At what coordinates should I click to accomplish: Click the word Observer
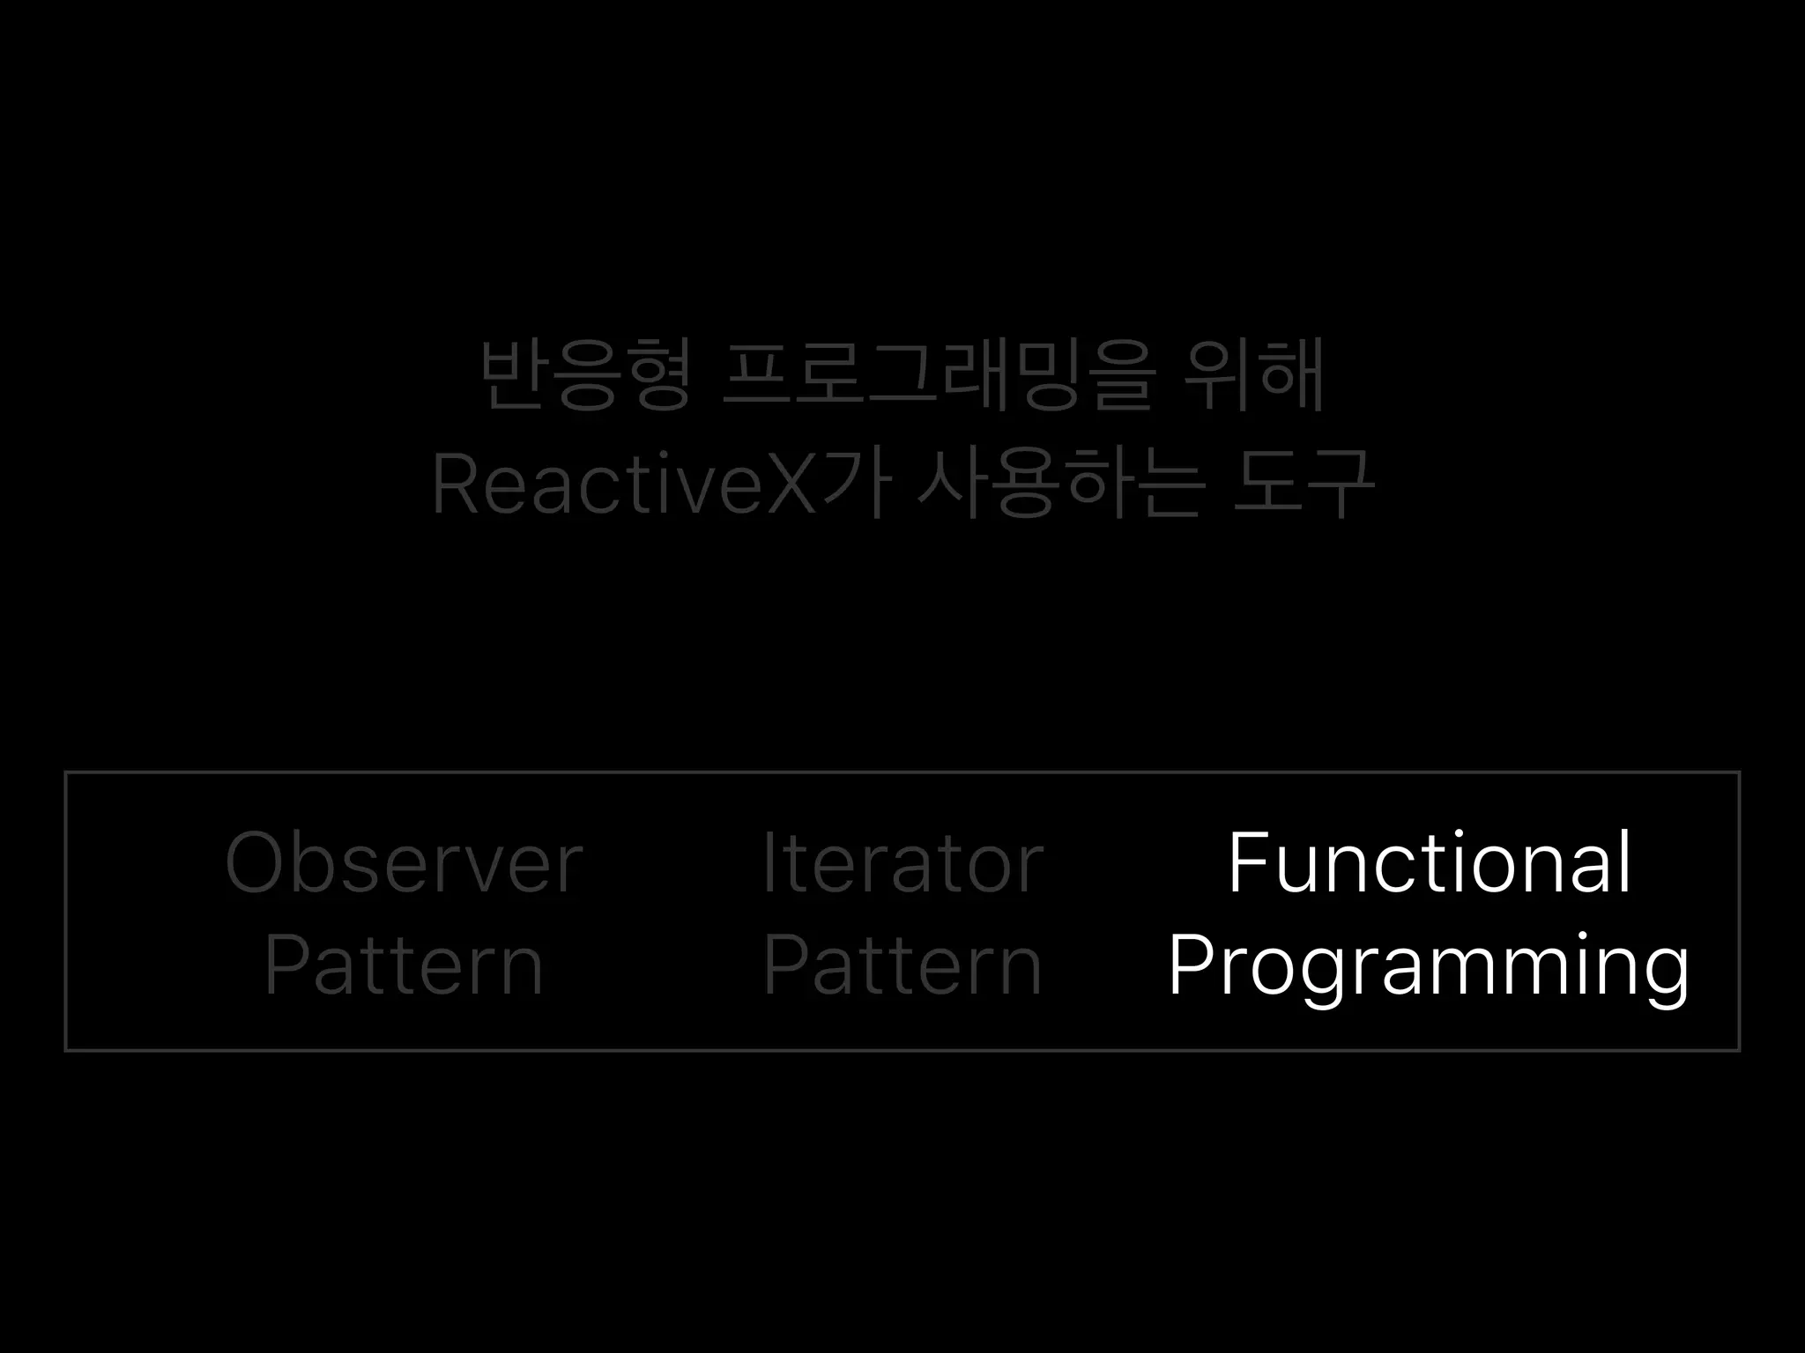pyautogui.click(x=404, y=863)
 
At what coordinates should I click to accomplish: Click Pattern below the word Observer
pyautogui.click(x=404, y=966)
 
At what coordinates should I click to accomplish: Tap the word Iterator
pyautogui.click(x=902, y=863)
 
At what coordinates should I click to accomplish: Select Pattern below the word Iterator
pyautogui.click(x=902, y=966)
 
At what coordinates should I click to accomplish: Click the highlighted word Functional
pyautogui.click(x=1429, y=863)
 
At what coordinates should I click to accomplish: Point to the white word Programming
pyautogui.click(x=1429, y=966)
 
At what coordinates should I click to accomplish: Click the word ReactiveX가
pyautogui.click(x=661, y=484)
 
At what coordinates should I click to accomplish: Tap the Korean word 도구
pyautogui.click(x=1302, y=484)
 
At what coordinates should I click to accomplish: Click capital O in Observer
pyautogui.click(x=257, y=863)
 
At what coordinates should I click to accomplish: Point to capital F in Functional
pyautogui.click(x=1251, y=863)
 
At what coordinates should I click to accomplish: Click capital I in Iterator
pyautogui.click(x=769, y=863)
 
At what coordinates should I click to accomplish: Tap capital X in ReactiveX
pyautogui.click(x=789, y=484)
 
